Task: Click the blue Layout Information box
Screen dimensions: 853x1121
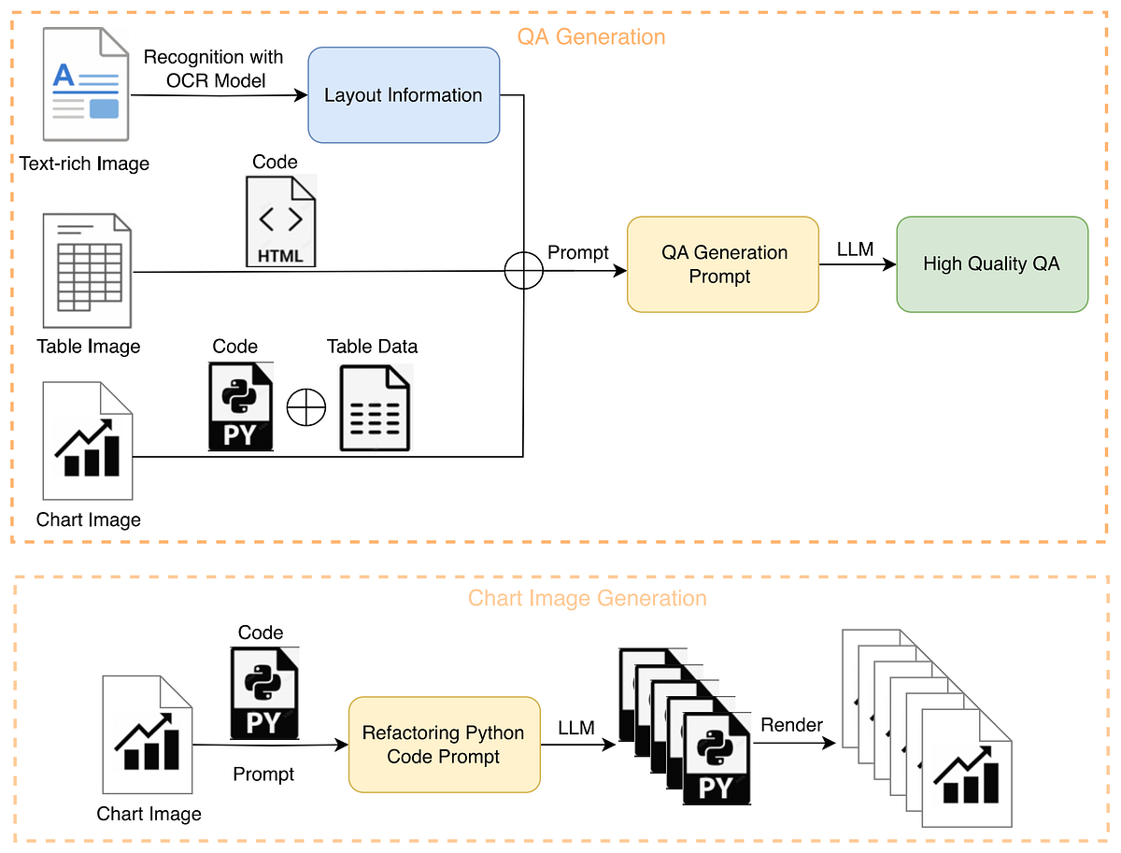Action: coord(404,95)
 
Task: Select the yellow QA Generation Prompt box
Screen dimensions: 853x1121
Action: coord(723,264)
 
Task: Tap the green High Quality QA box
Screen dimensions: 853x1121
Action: coord(991,264)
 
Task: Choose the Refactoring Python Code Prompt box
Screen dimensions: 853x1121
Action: coord(444,745)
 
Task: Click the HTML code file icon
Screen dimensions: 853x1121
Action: coord(280,221)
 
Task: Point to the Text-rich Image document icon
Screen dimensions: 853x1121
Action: coord(85,85)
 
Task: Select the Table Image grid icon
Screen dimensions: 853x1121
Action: coord(87,270)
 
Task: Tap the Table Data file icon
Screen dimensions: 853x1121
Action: coord(375,408)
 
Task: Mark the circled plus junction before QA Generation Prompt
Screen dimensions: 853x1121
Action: coord(523,271)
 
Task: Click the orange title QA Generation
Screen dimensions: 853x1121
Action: coord(591,37)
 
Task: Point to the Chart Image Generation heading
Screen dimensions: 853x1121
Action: coord(588,598)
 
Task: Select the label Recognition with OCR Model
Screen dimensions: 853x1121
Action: coord(213,69)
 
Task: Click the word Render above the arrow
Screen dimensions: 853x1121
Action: coord(791,725)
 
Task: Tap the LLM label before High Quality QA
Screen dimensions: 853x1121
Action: coord(856,249)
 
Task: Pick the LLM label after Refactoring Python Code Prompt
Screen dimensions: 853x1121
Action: coord(576,728)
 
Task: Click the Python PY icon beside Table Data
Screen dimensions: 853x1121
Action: coord(238,406)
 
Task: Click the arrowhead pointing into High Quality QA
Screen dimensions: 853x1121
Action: coord(890,265)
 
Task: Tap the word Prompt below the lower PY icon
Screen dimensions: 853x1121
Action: coord(263,774)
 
